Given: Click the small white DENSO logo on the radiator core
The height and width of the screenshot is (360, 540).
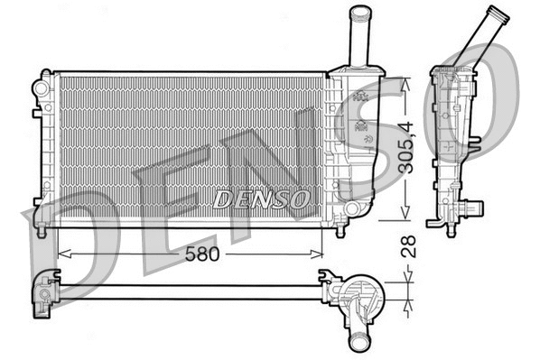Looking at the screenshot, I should tap(262, 197).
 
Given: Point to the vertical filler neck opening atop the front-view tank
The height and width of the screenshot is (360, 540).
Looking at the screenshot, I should tap(360, 12).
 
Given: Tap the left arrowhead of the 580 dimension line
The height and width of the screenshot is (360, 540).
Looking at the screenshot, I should tap(61, 254).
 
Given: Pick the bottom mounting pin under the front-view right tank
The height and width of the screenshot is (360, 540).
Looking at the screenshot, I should tap(340, 230).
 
